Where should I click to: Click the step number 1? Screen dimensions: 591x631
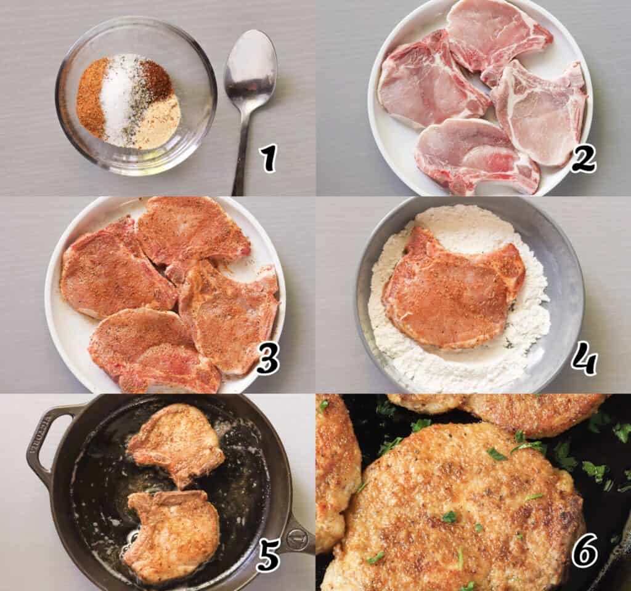tap(267, 159)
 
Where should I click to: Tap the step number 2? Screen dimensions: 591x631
tap(583, 159)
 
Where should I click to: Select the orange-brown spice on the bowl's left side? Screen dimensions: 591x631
tap(91, 98)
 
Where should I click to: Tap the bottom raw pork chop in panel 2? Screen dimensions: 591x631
tap(474, 154)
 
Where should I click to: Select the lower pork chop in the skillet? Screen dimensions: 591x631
tap(173, 533)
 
